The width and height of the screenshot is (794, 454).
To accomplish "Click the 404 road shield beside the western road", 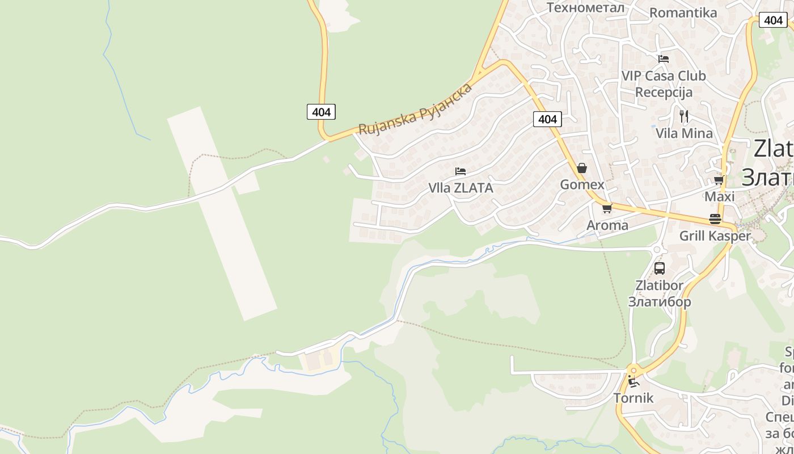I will [x=321, y=112].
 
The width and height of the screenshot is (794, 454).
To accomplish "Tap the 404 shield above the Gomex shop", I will [x=547, y=119].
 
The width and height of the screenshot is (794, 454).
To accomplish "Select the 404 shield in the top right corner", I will [x=773, y=20].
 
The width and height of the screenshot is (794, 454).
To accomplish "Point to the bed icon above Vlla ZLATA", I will [x=461, y=171].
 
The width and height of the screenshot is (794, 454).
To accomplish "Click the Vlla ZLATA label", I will [x=461, y=188].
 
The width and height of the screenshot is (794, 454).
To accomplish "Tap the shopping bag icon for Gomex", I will [x=582, y=168].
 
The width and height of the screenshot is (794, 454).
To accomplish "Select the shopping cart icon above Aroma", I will [x=607, y=208].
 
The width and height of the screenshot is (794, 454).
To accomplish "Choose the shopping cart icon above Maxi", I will [x=719, y=180].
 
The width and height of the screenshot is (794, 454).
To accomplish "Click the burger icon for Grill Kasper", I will [x=715, y=219].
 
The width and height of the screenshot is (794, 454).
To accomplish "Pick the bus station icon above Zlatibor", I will [x=659, y=268].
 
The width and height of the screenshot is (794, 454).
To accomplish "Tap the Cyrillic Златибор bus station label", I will [x=659, y=301].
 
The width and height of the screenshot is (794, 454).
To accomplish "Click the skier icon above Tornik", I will [x=633, y=381].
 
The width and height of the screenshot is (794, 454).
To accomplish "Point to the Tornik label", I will [x=633, y=398].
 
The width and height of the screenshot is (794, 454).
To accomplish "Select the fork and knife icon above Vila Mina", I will [x=684, y=116].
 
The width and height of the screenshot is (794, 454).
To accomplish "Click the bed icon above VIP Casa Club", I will [x=664, y=59].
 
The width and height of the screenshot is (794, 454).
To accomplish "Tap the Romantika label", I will [x=683, y=12].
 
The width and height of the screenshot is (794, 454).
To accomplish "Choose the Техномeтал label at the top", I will [x=585, y=7].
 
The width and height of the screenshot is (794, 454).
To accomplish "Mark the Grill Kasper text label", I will [x=715, y=236].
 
